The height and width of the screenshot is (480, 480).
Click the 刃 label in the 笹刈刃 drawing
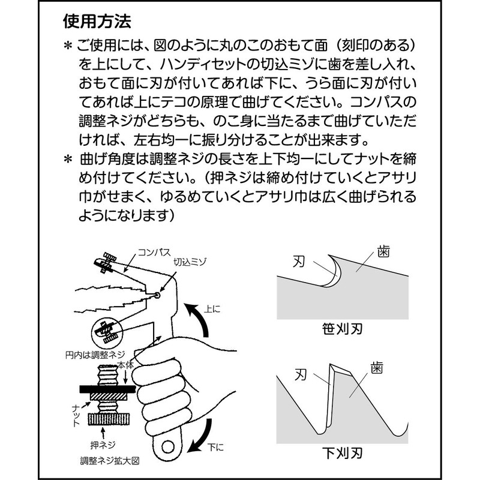tap(301, 261)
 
